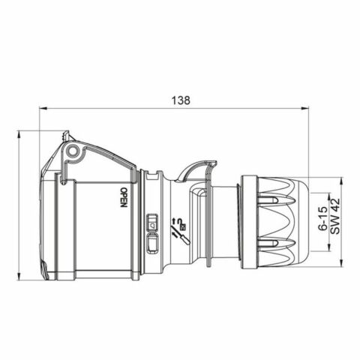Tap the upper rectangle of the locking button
click(152, 223)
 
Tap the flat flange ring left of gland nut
click(245, 221)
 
